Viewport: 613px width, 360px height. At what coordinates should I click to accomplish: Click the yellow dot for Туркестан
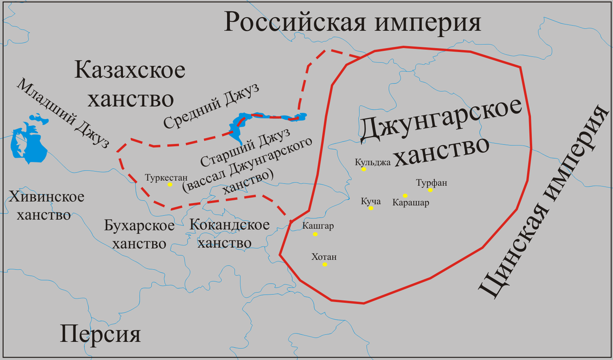[170, 184]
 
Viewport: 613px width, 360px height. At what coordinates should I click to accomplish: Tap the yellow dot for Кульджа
[364, 169]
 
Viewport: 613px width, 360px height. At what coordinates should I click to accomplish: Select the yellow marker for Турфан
[430, 190]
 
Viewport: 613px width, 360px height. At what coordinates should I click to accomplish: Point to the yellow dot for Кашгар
[315, 234]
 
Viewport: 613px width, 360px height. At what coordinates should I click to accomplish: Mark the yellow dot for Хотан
[324, 264]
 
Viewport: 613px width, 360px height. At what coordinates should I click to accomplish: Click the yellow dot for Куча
[371, 208]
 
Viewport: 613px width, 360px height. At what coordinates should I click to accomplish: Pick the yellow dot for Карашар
[405, 196]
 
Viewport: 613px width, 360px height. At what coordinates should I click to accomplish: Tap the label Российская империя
[352, 22]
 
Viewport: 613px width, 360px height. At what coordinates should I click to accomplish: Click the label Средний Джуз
[211, 108]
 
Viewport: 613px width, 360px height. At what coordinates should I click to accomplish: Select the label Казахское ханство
[130, 84]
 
